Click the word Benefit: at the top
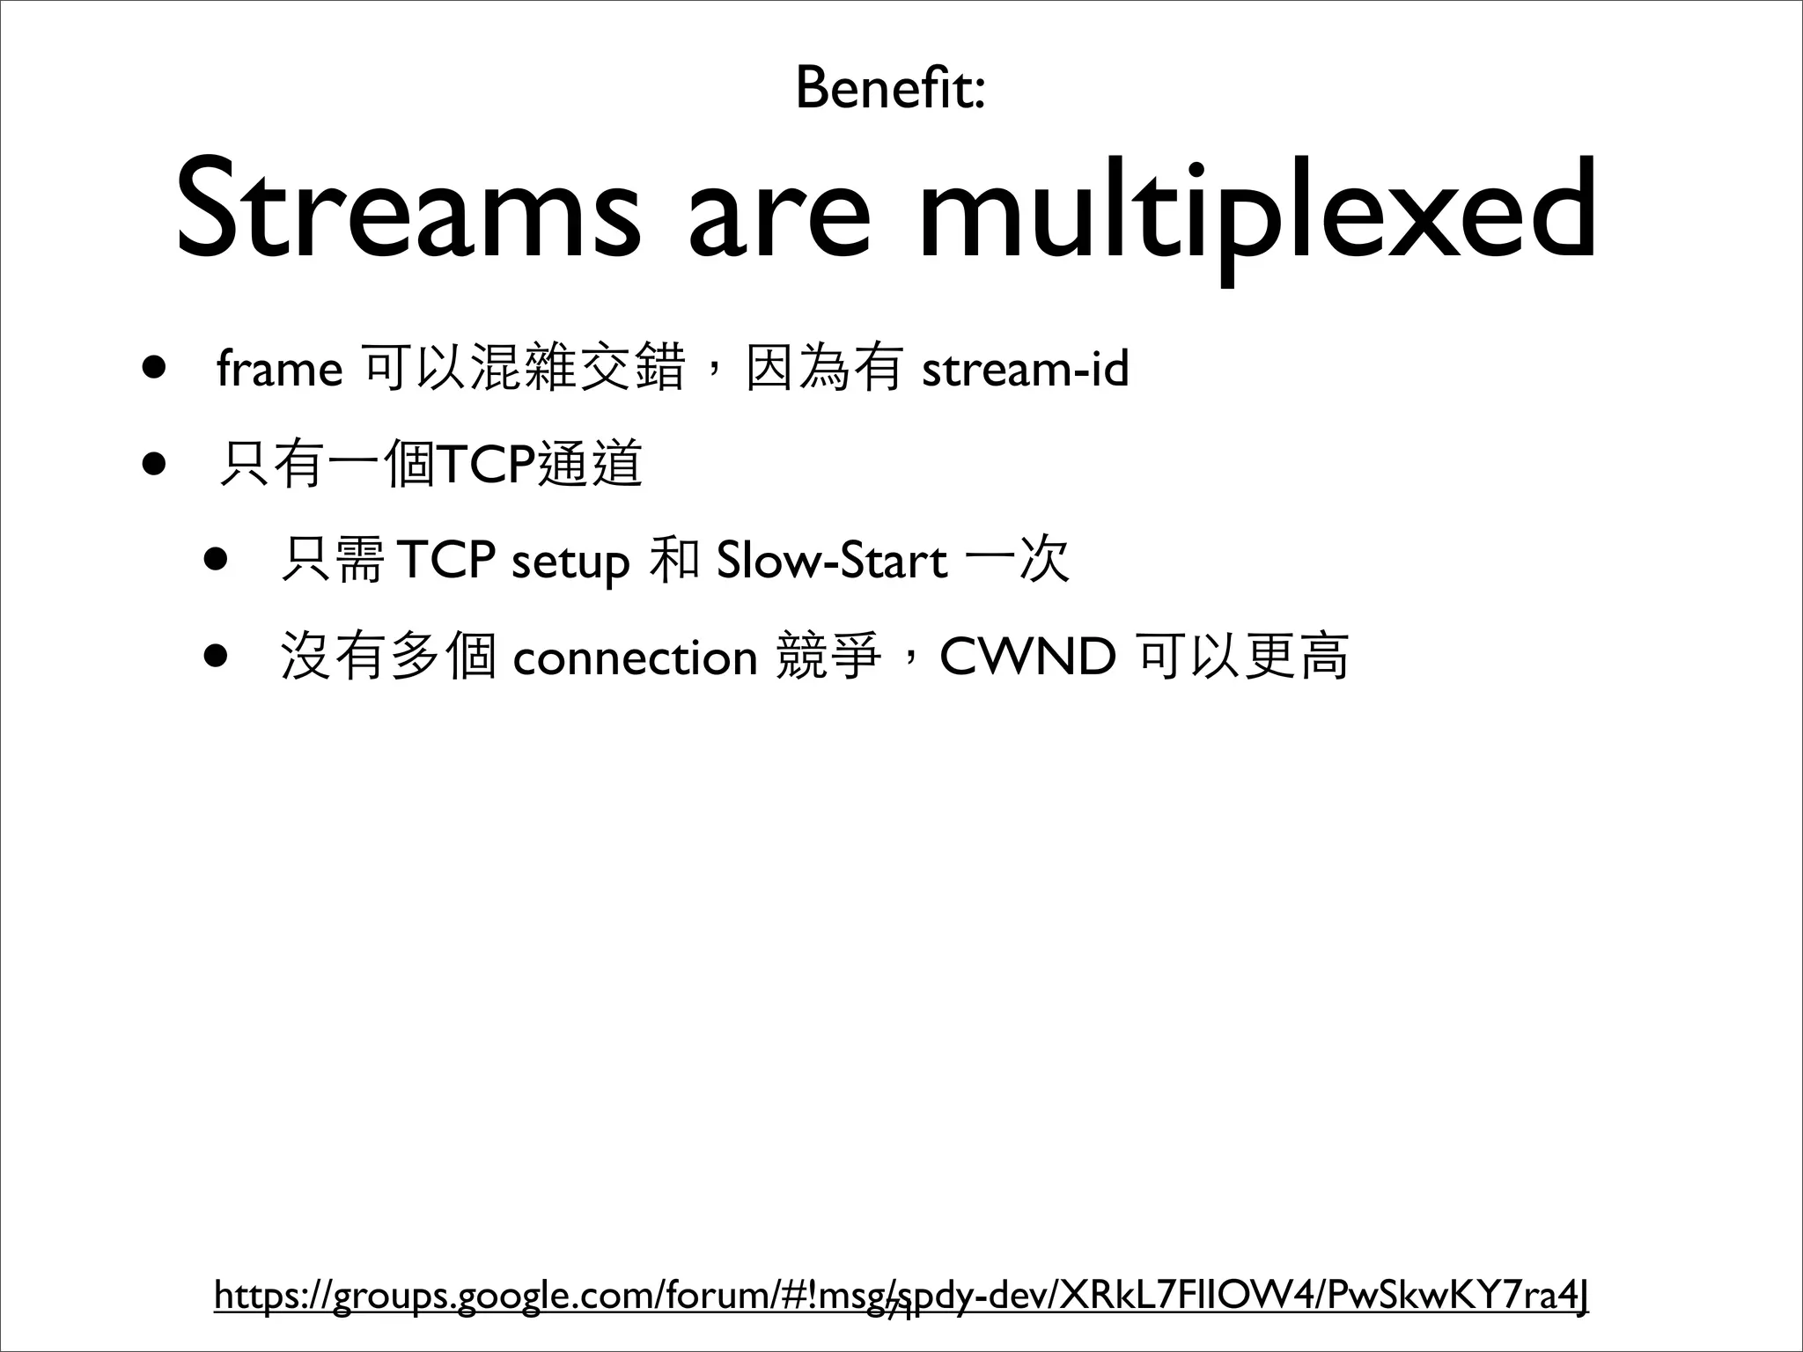click(x=889, y=89)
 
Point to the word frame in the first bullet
click(x=279, y=370)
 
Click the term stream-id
click(x=1025, y=369)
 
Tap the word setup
click(x=570, y=562)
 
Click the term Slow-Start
click(x=831, y=561)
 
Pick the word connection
click(x=635, y=658)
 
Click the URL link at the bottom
click(x=901, y=1295)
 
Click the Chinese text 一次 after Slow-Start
click(x=1017, y=561)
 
